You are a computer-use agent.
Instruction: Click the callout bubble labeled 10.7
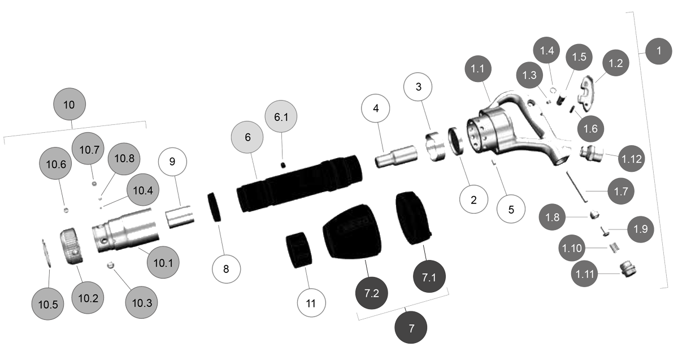(89, 150)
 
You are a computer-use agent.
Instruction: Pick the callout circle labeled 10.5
(48, 303)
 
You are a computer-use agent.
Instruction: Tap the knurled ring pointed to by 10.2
(74, 246)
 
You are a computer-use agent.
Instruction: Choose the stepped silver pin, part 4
(396, 155)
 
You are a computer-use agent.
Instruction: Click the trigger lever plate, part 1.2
(589, 91)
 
